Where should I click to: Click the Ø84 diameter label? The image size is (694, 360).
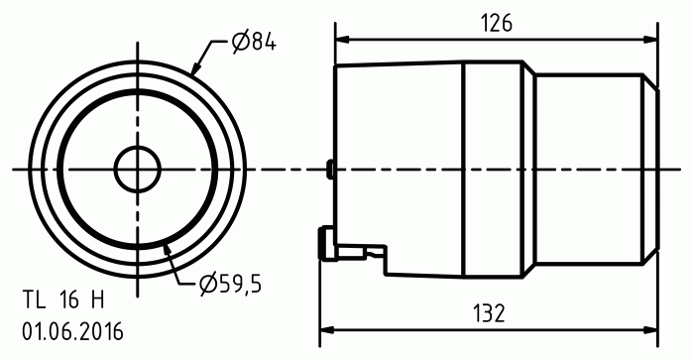click(254, 43)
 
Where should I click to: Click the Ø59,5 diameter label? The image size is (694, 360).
click(230, 284)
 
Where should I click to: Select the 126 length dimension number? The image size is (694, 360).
click(497, 23)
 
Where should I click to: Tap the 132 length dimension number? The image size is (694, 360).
click(489, 313)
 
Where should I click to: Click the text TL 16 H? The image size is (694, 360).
click(63, 300)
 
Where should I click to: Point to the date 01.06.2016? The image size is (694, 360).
click(72, 331)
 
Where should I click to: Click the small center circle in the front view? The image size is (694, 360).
click(137, 169)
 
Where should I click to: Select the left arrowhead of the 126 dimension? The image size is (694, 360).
click(343, 39)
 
